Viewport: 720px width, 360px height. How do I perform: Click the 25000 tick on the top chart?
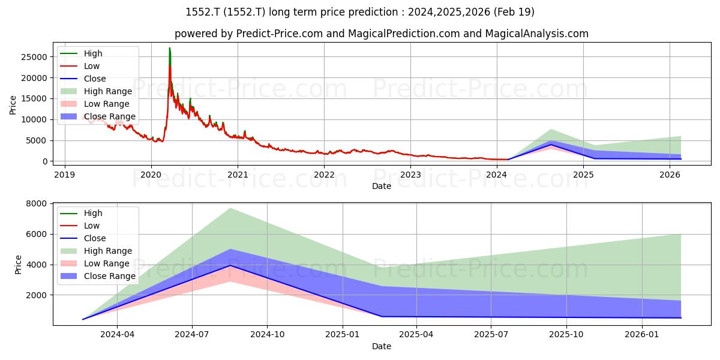click(34, 57)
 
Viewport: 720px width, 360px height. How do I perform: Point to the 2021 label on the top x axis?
click(238, 175)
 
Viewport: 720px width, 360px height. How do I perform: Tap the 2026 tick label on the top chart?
click(670, 175)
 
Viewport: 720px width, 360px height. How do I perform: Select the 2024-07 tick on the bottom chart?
click(192, 335)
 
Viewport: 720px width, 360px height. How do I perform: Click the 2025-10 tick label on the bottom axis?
click(566, 335)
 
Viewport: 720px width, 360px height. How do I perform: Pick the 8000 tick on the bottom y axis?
click(37, 204)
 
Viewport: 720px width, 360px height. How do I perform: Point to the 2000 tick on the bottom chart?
click(37, 295)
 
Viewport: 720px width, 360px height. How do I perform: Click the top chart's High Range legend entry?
click(97, 91)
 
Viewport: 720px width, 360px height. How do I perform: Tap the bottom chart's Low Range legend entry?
click(95, 263)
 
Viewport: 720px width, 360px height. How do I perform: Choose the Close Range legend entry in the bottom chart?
click(98, 276)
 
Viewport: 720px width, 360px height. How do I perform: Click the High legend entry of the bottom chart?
click(82, 213)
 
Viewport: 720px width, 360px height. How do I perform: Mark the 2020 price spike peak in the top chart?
click(170, 48)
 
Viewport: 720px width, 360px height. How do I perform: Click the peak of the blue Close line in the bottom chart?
click(230, 265)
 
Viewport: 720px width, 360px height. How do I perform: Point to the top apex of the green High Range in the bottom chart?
click(230, 208)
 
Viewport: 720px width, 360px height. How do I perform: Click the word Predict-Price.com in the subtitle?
click(280, 34)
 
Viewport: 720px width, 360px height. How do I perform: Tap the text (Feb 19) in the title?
click(514, 12)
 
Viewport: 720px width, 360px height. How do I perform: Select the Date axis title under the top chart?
click(382, 186)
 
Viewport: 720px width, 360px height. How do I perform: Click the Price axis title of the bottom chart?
click(18, 265)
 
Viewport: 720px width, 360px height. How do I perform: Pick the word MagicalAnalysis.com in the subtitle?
click(537, 34)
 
